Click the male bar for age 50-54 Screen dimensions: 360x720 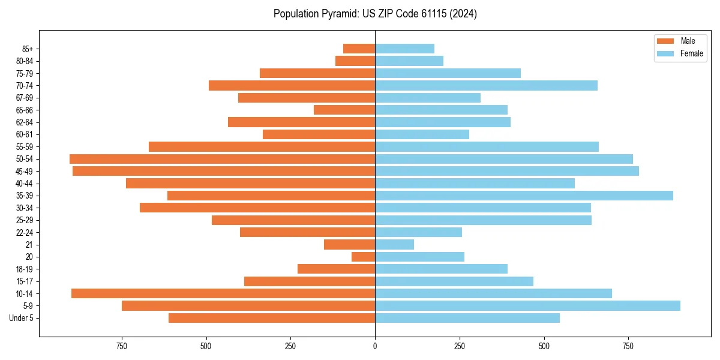pyautogui.click(x=222, y=159)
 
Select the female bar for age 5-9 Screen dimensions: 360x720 pyautogui.click(x=527, y=306)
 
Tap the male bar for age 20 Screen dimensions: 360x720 pyautogui.click(x=364, y=257)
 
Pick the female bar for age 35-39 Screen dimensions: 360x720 pyautogui.click(x=524, y=196)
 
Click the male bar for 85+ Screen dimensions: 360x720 pyautogui.click(x=359, y=49)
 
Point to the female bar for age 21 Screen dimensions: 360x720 pyautogui.click(x=395, y=245)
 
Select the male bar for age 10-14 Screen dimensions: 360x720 pyautogui.click(x=223, y=293)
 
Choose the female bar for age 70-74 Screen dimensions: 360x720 pyautogui.click(x=486, y=85)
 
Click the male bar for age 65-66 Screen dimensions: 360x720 pyautogui.click(x=344, y=110)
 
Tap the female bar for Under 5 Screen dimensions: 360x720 pyautogui.click(x=467, y=318)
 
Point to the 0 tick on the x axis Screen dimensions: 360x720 pyautogui.click(x=375, y=346)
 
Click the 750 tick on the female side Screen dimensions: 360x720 pyautogui.click(x=628, y=346)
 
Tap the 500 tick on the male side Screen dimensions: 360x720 pyautogui.click(x=206, y=346)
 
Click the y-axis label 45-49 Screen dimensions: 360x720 pyautogui.click(x=25, y=171)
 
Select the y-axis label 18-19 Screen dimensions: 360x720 pyautogui.click(x=25, y=269)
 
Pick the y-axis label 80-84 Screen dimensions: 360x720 pyautogui.click(x=25, y=61)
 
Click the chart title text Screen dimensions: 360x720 pyautogui.click(x=375, y=14)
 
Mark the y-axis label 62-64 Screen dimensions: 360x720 pyautogui.click(x=25, y=122)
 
